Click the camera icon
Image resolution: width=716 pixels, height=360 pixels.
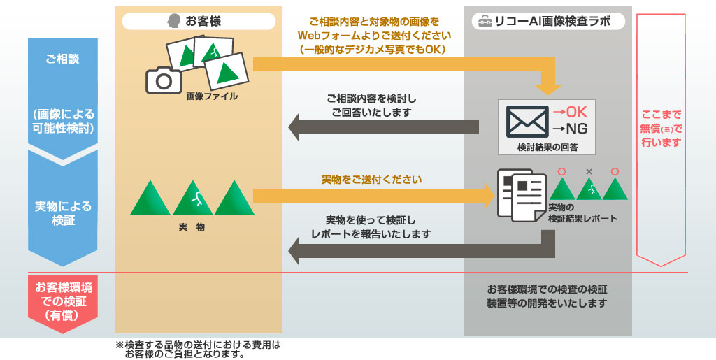pos(164,81)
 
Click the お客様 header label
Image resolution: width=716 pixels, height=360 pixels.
pos(203,22)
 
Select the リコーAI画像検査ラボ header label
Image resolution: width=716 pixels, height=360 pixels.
pos(553,22)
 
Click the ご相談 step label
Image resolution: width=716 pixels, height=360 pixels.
pos(62,59)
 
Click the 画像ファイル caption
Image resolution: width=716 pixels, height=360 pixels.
pos(212,96)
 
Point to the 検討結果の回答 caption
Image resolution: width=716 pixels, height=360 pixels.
pos(547,147)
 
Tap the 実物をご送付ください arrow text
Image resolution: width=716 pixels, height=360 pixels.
pos(371,180)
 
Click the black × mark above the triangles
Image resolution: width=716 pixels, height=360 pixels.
pos(589,171)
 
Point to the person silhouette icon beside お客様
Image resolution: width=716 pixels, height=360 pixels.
pos(174,22)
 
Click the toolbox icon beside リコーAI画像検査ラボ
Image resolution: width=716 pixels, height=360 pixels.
pos(484,22)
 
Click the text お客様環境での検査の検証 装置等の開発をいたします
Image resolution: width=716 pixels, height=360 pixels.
pos(547,296)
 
